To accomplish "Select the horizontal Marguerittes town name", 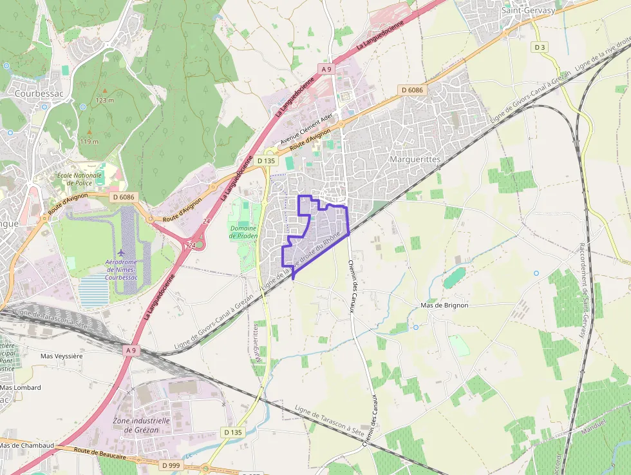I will click(x=416, y=159).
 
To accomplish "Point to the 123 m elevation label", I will click(x=104, y=100).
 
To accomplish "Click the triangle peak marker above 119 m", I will click(x=89, y=132).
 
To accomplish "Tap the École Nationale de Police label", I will click(x=80, y=179).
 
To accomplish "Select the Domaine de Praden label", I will click(x=243, y=232).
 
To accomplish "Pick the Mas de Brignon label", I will click(x=444, y=305).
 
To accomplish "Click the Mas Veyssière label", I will click(x=61, y=356).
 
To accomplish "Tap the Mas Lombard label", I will click(x=20, y=387).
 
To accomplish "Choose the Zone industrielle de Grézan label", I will click(x=141, y=425).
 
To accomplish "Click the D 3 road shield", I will click(x=540, y=47).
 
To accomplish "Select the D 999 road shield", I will click(x=171, y=465).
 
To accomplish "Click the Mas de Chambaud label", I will click(x=26, y=445).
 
